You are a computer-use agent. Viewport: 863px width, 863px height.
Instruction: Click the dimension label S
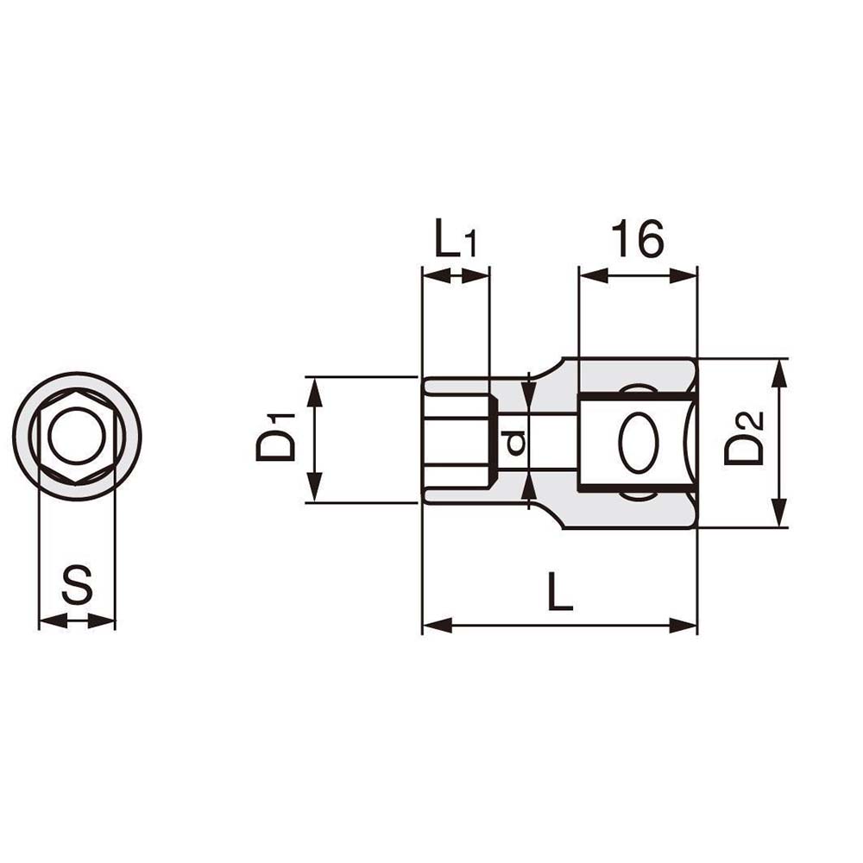77,586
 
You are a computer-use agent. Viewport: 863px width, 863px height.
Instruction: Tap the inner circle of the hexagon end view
77,437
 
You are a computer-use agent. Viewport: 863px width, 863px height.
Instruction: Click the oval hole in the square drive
639,442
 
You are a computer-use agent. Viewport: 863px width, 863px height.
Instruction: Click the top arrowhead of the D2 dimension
779,371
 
